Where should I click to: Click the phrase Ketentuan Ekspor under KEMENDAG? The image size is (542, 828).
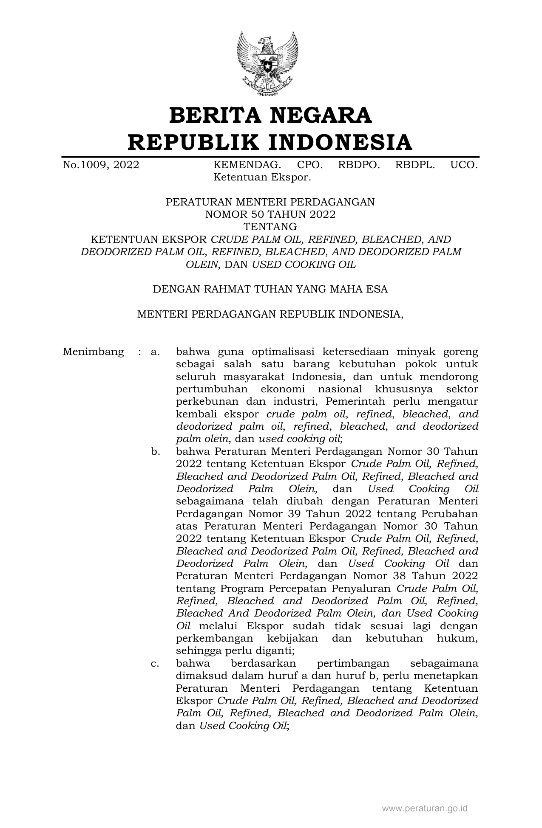pos(262,177)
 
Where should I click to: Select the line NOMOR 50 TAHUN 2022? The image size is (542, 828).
pos(270,214)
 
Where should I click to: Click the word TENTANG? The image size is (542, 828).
pos(270,227)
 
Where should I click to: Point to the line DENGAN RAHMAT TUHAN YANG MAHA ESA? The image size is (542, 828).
pos(270,289)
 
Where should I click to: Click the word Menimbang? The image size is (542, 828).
pos(93,352)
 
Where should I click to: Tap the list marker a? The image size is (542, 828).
pos(155,352)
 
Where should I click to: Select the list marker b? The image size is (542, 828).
pos(155,451)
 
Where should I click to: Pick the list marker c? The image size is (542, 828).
pos(155,663)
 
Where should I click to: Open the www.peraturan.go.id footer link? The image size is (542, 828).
pos(425,808)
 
